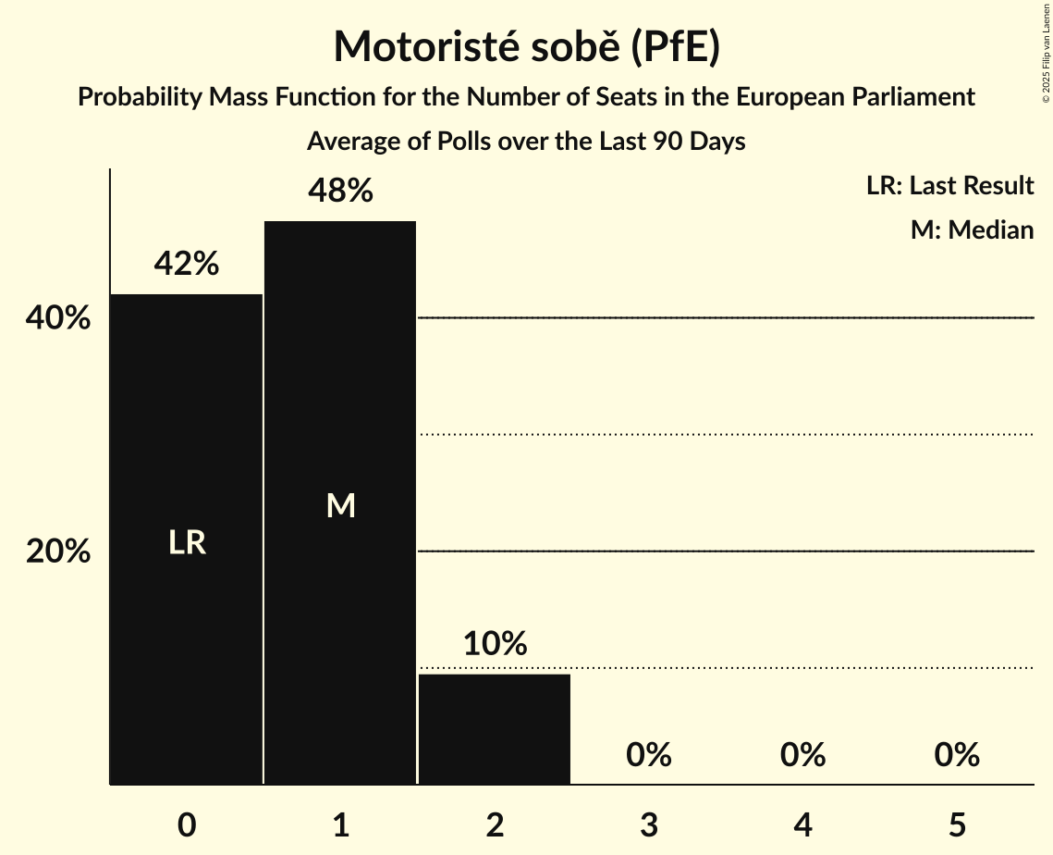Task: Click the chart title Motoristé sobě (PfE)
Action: pyautogui.click(x=526, y=48)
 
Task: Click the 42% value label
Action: pyautogui.click(x=187, y=265)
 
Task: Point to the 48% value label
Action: pyautogui.click(x=340, y=192)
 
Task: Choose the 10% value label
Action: pyautogui.click(x=495, y=644)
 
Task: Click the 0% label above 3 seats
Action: pyautogui.click(x=649, y=755)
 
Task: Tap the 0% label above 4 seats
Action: pyautogui.click(x=802, y=755)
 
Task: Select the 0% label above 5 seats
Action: pyautogui.click(x=957, y=755)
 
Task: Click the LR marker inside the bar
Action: pyautogui.click(x=187, y=543)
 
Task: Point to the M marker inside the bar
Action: pyautogui.click(x=340, y=505)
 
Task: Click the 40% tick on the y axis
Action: pyautogui.click(x=58, y=318)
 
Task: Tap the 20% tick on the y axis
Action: pyautogui.click(x=58, y=551)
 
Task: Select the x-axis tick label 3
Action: pyautogui.click(x=649, y=824)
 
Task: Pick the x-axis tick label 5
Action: pyautogui.click(x=957, y=824)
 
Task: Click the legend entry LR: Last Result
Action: pyautogui.click(x=949, y=186)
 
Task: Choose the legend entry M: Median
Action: pyautogui.click(x=972, y=229)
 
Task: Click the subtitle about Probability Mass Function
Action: pyautogui.click(x=526, y=97)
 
